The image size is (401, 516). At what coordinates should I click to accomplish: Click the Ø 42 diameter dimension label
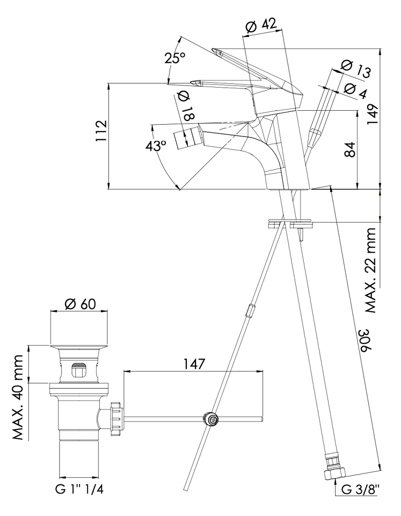coord(261,25)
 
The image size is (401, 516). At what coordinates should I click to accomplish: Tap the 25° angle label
coord(175,58)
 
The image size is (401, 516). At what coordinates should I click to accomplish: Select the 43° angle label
coord(156,146)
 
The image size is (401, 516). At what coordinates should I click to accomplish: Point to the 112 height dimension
coord(101,131)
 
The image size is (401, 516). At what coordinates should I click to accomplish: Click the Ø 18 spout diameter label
coord(186,106)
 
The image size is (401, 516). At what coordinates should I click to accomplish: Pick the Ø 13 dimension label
coord(356,69)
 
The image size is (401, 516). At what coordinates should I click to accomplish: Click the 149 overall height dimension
coord(373,114)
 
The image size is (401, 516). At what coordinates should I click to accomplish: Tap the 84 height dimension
coord(351,150)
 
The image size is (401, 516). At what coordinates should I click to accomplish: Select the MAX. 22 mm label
coord(371,270)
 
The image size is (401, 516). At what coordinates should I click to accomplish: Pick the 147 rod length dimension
coord(194,364)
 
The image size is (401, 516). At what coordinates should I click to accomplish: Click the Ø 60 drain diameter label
coord(80,303)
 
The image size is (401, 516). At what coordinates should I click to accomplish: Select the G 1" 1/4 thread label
coord(79,489)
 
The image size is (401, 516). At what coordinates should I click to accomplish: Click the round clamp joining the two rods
coord(210,419)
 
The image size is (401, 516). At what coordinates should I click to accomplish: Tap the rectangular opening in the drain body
coord(79,370)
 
